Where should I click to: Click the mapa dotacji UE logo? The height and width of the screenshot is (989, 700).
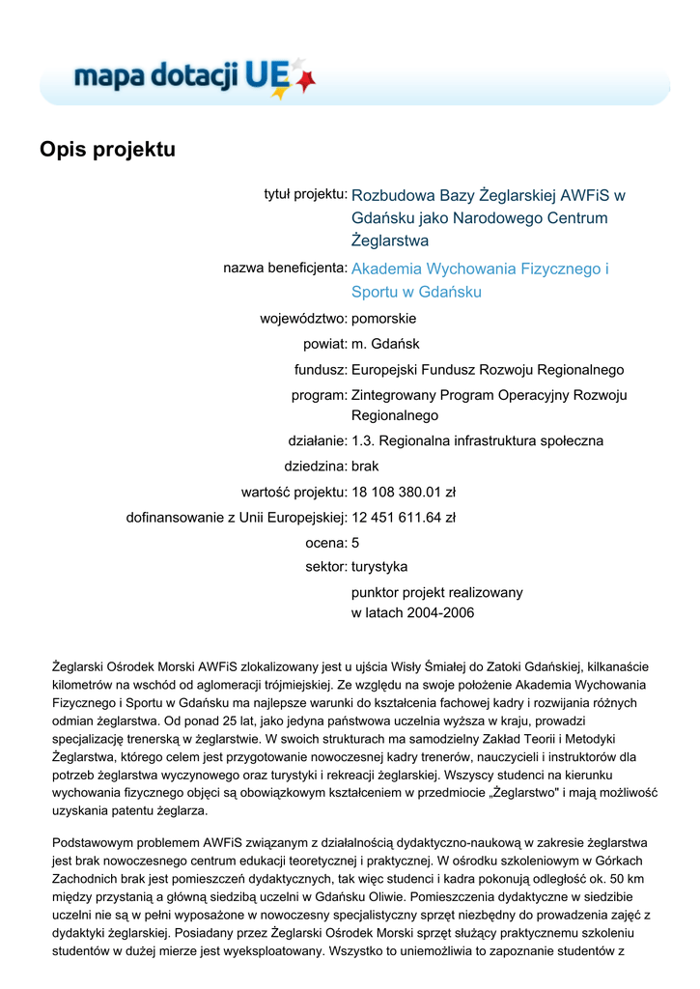click(193, 75)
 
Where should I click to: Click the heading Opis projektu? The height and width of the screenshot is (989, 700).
click(107, 150)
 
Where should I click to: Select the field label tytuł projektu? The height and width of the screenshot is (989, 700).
click(305, 194)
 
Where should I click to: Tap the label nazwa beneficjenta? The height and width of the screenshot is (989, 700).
click(285, 267)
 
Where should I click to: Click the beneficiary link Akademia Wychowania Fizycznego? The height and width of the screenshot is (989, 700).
click(480, 268)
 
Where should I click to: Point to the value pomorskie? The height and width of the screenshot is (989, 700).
click(383, 318)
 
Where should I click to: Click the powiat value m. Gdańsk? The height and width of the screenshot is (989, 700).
click(385, 343)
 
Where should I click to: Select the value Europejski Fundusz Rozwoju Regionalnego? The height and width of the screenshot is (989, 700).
click(488, 369)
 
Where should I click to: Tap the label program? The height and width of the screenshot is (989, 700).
click(319, 395)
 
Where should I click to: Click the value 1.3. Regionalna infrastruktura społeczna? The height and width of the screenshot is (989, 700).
click(477, 441)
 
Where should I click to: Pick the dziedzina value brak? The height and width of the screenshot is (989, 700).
click(367, 466)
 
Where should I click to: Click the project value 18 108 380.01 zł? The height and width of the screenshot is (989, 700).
click(404, 492)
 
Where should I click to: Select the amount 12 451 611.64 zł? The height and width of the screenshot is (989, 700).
click(404, 518)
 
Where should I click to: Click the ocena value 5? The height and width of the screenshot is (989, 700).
click(355, 543)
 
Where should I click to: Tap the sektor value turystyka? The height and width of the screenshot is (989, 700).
click(379, 566)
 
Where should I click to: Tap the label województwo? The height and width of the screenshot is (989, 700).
click(303, 318)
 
